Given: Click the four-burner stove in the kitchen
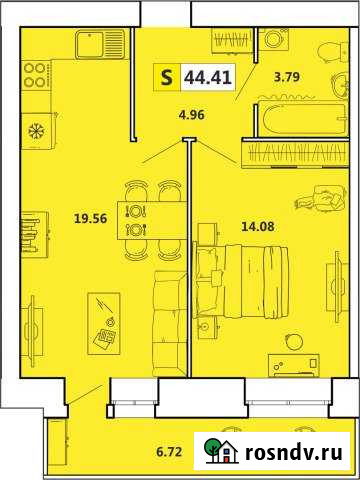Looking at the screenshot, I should click(x=35, y=75).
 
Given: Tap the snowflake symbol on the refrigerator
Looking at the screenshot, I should click(x=35, y=131).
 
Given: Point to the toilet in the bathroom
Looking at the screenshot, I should click(x=324, y=53).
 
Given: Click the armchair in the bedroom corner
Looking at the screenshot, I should click(x=325, y=197).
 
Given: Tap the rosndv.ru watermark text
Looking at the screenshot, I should click(x=297, y=451).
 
